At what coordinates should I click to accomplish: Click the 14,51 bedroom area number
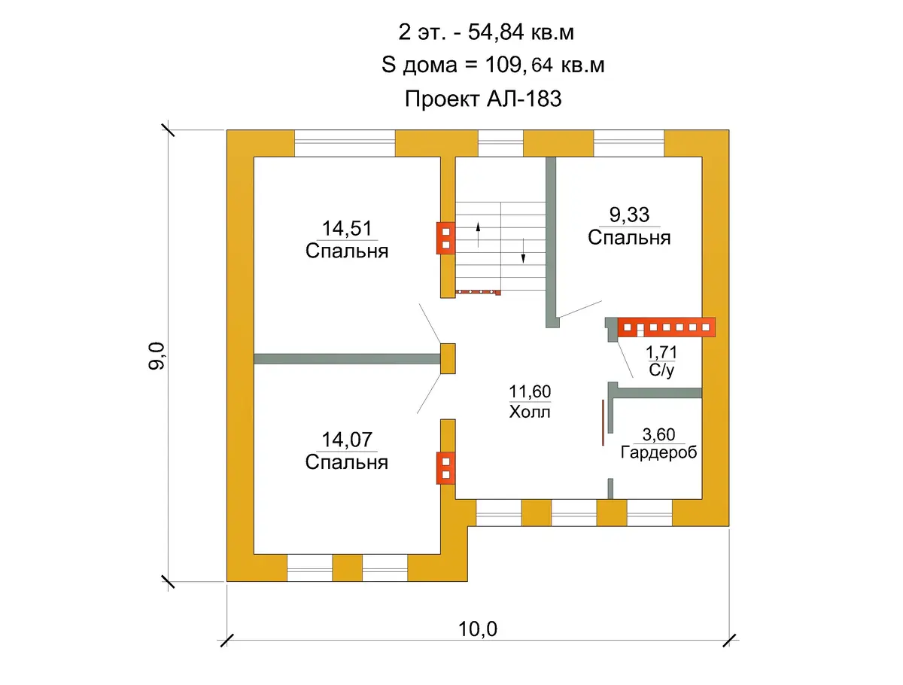click(x=347, y=228)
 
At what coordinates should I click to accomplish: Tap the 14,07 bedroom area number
click(x=347, y=440)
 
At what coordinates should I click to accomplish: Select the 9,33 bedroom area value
click(x=629, y=215)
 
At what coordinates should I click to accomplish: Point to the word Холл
click(x=530, y=412)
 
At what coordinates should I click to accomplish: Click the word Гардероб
click(x=658, y=452)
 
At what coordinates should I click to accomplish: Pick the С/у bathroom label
click(x=661, y=370)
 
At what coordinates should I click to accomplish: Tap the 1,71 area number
click(x=661, y=352)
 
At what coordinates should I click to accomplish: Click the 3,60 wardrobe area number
click(x=658, y=434)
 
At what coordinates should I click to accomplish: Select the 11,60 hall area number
click(x=530, y=391)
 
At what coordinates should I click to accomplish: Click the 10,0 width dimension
click(x=478, y=629)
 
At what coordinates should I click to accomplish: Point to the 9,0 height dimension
click(x=157, y=356)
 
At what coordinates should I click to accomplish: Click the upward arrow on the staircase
click(x=478, y=235)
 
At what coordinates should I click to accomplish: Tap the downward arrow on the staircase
click(x=523, y=251)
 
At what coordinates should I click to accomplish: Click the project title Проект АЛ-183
click(x=483, y=99)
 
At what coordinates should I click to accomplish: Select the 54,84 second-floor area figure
click(x=496, y=32)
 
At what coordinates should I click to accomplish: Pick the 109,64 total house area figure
click(x=519, y=65)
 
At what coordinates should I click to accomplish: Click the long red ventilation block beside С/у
click(x=666, y=327)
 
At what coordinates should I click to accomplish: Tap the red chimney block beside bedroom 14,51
click(x=445, y=238)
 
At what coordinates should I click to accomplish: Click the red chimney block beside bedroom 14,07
click(x=445, y=467)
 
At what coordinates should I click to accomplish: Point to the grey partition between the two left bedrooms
click(x=347, y=359)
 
